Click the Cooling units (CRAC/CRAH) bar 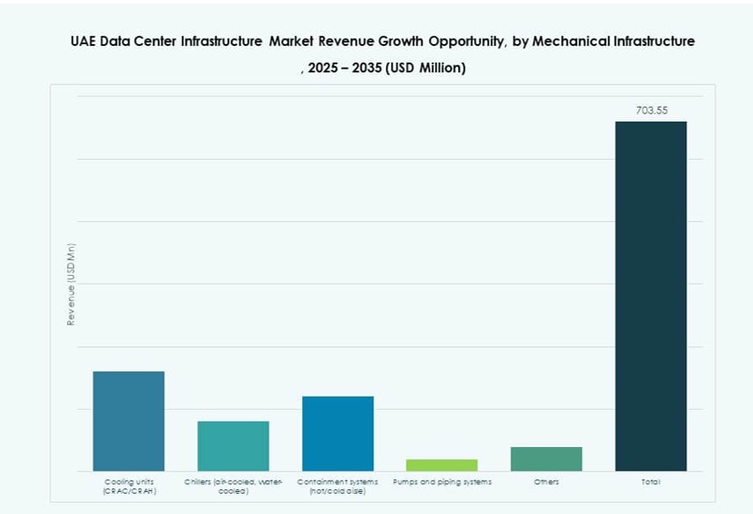[x=129, y=421]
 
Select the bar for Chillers [x=233, y=445]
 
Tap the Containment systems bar [x=337, y=433]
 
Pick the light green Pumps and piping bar [x=442, y=465]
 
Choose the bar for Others [x=546, y=458]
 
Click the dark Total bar [x=651, y=295]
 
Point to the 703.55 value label [x=652, y=111]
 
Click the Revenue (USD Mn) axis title [x=71, y=284]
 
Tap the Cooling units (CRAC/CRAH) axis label [x=129, y=486]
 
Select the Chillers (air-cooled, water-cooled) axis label [x=233, y=486]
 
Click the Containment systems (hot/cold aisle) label [x=337, y=486]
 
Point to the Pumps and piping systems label [x=442, y=482]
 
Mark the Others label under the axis [x=546, y=482]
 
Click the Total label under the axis [x=651, y=482]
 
